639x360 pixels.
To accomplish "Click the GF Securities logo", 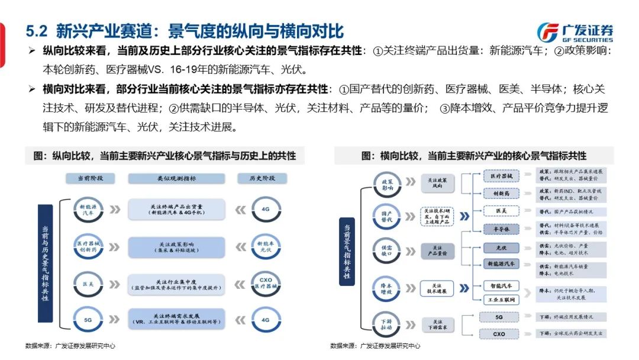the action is pos(575,31).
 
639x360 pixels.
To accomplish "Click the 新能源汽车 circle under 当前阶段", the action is pos(88,210).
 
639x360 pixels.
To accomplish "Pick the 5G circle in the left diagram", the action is pos(88,320).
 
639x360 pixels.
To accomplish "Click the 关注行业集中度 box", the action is pos(176,283).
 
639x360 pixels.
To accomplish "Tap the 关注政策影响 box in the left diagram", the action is pos(176,246).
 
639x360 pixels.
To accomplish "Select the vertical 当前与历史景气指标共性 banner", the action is pos(45,262).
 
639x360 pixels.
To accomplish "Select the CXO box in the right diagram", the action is pos(500,334).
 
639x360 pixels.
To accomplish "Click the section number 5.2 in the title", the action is pos(37,31).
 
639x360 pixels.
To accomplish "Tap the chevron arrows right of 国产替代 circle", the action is pos(412,217).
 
